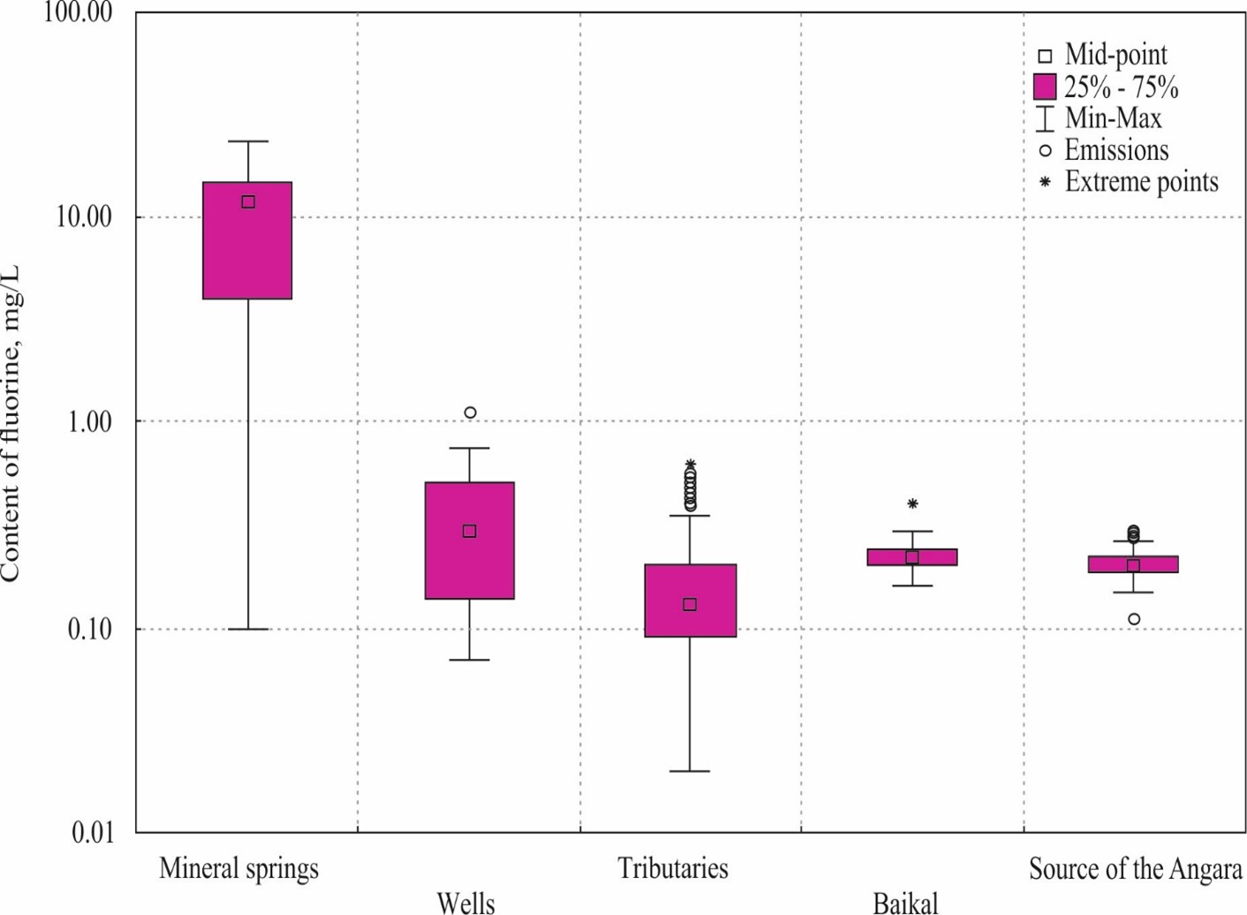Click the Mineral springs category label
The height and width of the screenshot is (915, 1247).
[x=238, y=868]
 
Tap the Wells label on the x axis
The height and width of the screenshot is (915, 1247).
[x=465, y=903]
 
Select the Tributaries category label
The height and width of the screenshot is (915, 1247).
[x=672, y=868]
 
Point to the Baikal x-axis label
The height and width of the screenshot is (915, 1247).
[x=905, y=903]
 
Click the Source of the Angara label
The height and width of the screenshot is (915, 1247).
[x=1135, y=869]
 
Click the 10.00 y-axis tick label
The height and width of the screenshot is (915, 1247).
[x=84, y=216]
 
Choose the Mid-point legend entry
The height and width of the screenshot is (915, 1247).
[x=1115, y=55]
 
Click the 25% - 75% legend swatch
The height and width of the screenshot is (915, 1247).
[x=1045, y=87]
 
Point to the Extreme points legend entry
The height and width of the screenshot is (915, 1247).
[x=1141, y=182]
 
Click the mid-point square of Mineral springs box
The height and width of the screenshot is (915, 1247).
[x=248, y=202]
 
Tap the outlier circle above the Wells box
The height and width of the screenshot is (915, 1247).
[x=470, y=412]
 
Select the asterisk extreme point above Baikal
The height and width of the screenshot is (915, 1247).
[x=912, y=503]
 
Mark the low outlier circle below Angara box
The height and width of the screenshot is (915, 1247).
[x=1134, y=619]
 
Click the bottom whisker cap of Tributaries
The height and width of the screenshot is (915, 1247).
[x=690, y=771]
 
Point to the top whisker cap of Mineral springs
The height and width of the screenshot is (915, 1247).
[x=248, y=141]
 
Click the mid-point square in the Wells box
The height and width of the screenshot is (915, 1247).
[x=470, y=531]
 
